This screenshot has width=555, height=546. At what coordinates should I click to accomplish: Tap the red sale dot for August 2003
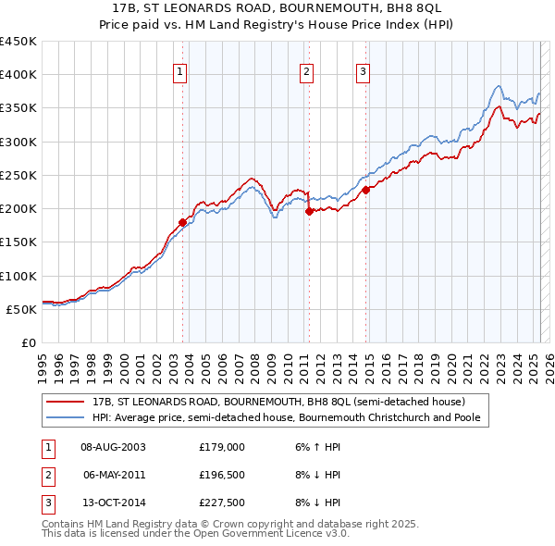182,222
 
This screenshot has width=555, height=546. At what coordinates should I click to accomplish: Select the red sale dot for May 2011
309,211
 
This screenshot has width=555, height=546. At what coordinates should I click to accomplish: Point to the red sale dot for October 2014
366,190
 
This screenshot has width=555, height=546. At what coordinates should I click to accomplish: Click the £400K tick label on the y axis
18,75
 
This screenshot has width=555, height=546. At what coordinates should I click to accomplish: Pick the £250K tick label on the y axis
18,175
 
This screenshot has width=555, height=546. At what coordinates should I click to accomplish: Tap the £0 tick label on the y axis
28,342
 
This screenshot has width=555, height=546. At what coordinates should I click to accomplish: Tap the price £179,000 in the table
221,447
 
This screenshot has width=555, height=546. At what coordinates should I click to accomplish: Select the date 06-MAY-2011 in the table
114,476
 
